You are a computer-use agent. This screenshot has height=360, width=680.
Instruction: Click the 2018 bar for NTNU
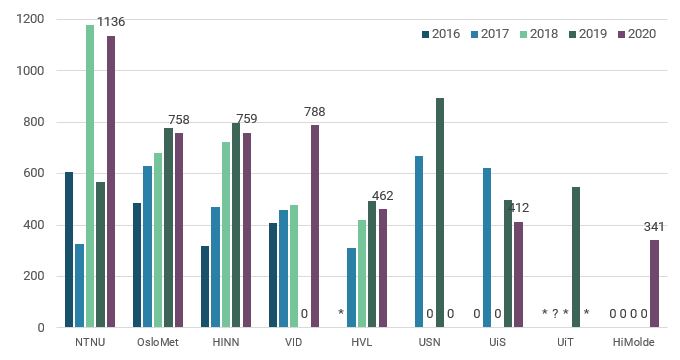tap(90, 176)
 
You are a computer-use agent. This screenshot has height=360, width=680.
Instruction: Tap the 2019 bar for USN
tap(440, 213)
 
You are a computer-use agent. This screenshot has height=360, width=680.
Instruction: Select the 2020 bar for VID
tap(315, 226)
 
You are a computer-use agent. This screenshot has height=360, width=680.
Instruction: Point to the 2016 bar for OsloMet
tap(137, 265)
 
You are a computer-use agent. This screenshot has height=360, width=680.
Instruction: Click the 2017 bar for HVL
tap(351, 288)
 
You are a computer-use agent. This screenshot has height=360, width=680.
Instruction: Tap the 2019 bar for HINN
tap(236, 225)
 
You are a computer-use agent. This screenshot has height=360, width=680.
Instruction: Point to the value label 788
tap(315, 112)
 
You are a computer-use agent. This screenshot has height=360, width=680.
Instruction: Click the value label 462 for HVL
tap(383, 196)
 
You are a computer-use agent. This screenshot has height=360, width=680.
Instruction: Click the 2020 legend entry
tap(635, 34)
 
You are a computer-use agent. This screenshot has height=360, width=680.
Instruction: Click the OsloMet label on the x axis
tap(158, 342)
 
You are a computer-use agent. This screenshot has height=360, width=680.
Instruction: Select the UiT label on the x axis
tap(565, 342)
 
